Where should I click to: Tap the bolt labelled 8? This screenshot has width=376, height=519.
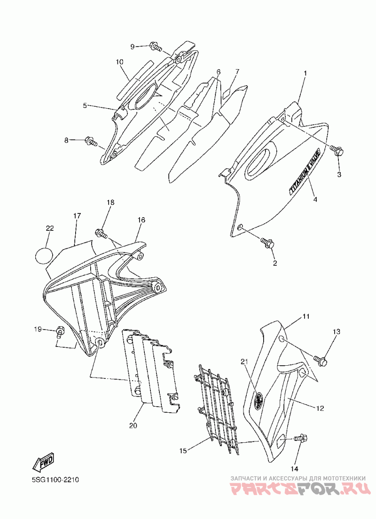91,140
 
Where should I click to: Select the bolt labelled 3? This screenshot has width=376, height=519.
337,151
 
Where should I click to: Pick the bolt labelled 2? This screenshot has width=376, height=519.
268,243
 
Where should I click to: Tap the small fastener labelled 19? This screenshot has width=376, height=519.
60,331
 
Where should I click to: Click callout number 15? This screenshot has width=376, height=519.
183,451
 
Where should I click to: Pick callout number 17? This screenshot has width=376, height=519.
77,215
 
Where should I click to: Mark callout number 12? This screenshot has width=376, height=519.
320,409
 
